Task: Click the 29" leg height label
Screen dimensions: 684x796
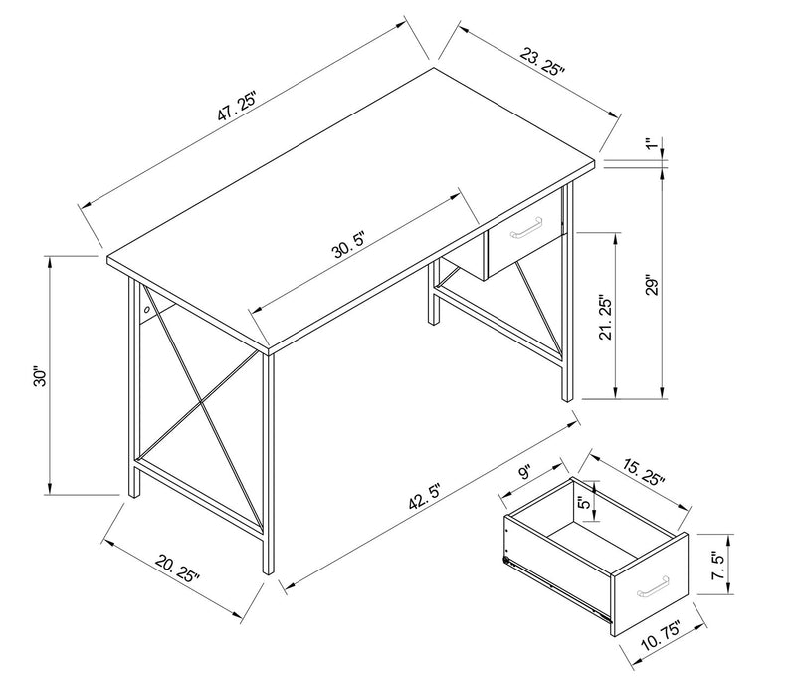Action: (x=651, y=285)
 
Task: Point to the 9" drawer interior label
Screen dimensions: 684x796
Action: (x=526, y=473)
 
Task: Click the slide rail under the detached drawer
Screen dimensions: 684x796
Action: (x=557, y=592)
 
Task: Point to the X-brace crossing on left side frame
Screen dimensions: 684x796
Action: (x=201, y=404)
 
